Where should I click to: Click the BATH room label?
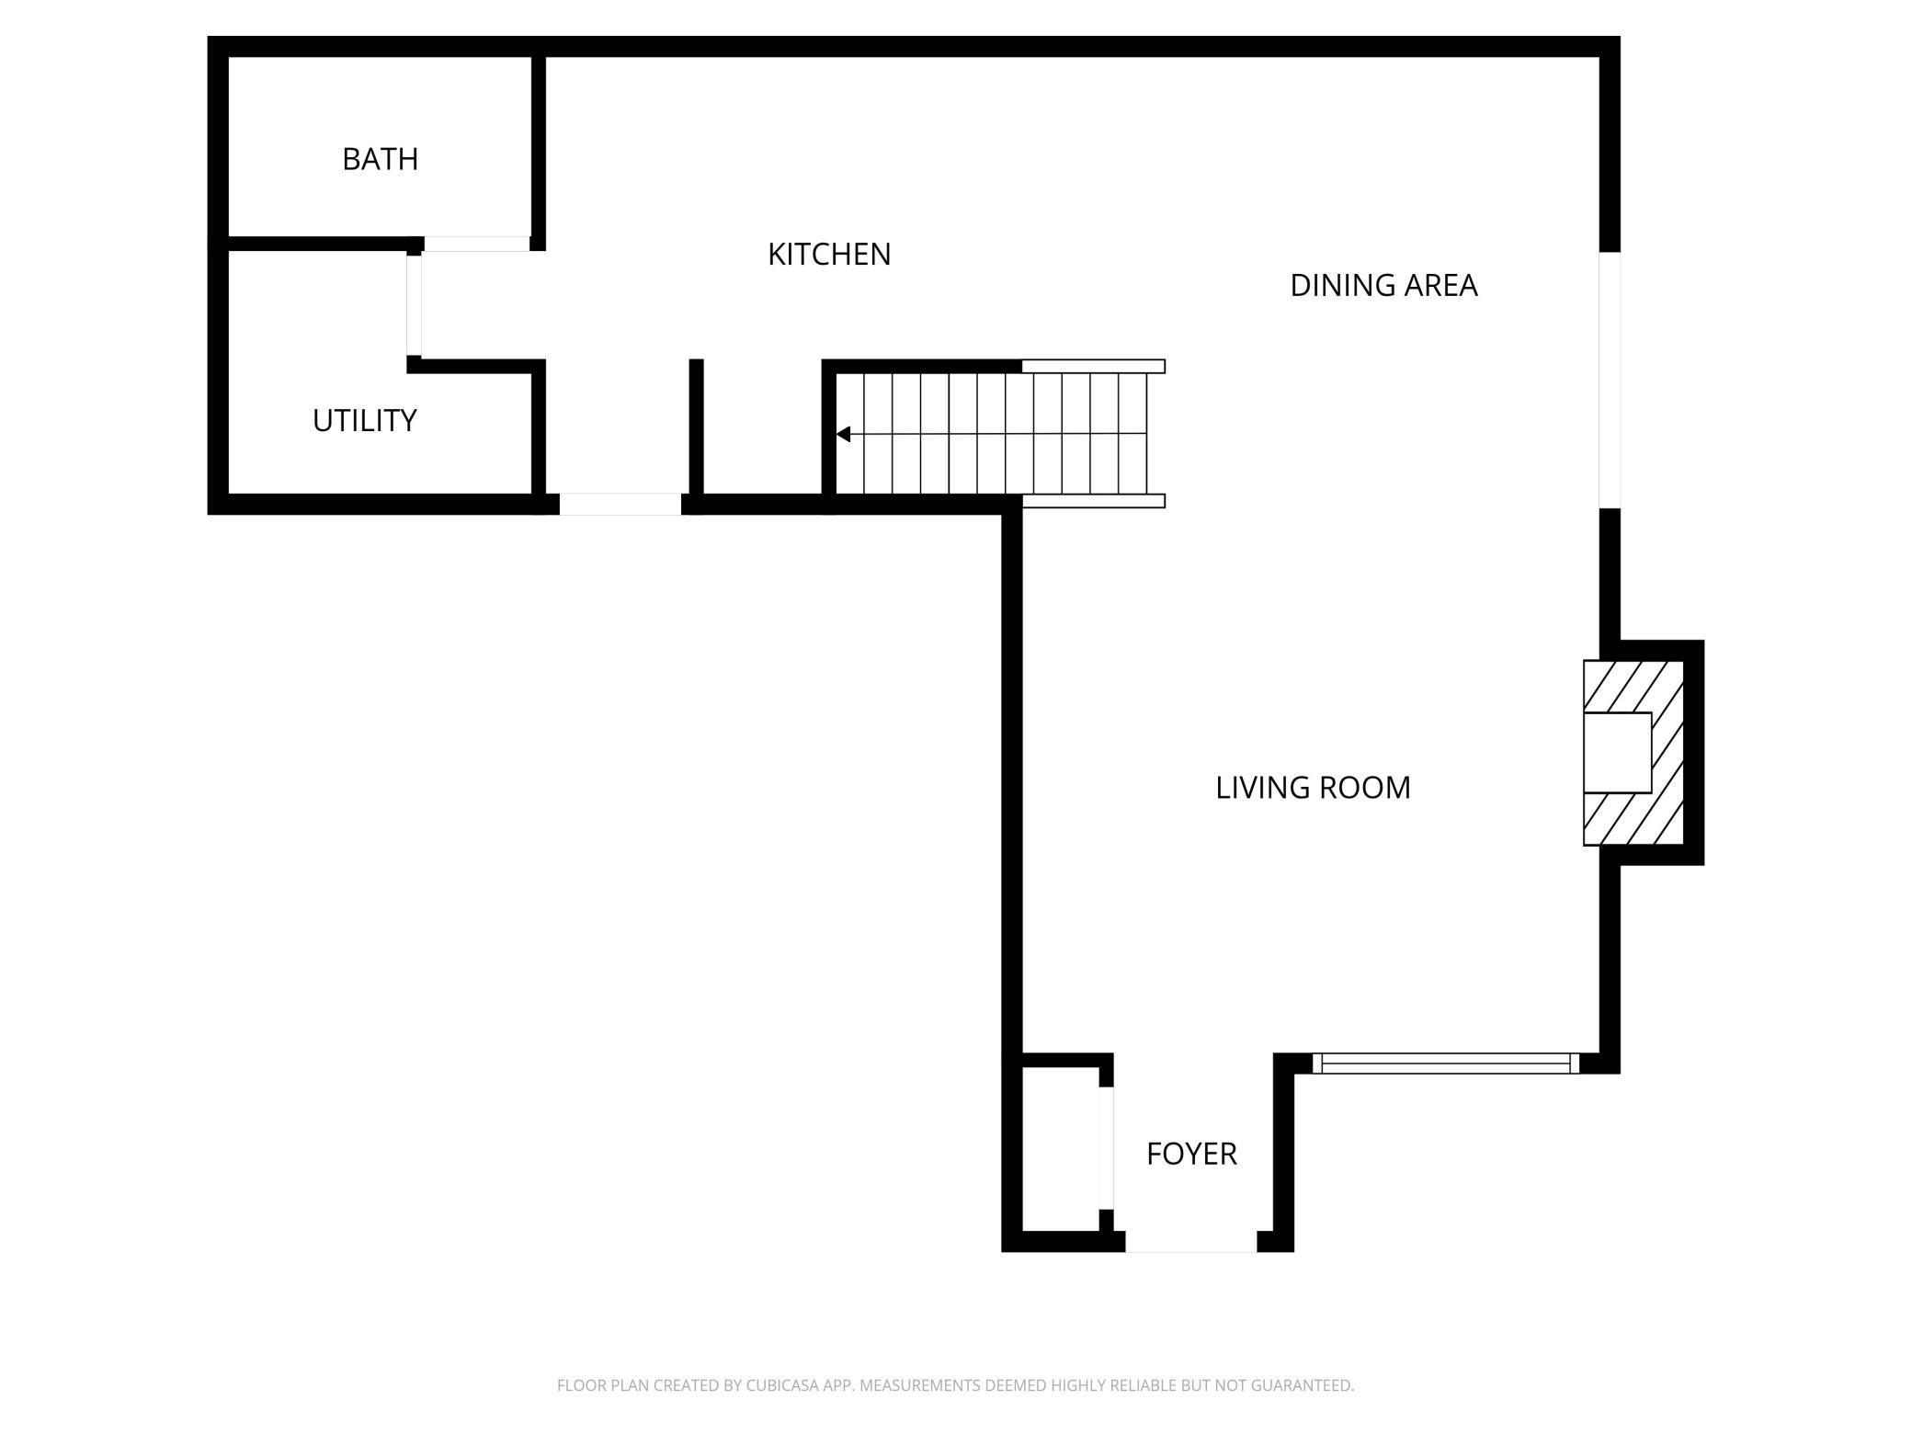[380, 159]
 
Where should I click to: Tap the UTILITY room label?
[364, 420]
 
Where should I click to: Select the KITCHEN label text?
[829, 255]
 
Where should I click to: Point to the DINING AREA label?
[1383, 286]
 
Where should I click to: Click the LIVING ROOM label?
[1312, 788]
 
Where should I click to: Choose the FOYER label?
[1191, 1154]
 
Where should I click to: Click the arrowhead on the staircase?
[843, 434]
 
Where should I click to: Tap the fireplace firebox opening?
[1617, 752]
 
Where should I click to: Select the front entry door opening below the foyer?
[1190, 1242]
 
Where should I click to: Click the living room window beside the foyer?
[1445, 1064]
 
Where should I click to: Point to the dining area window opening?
[1609, 380]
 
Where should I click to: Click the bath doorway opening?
[476, 244]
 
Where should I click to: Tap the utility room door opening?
[415, 305]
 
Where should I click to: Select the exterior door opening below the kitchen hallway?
[620, 504]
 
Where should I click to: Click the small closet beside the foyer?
[1060, 1149]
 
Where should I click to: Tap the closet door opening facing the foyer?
[1107, 1148]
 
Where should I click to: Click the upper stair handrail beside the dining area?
[1093, 366]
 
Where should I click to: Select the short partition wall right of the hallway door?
[696, 427]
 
